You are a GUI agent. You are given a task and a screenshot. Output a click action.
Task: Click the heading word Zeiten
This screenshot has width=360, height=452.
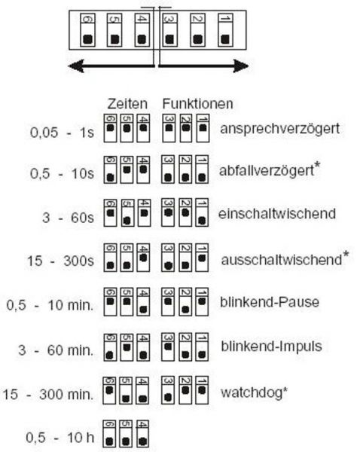coord(127,104)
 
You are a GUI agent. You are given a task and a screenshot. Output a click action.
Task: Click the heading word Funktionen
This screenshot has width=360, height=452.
coord(198,104)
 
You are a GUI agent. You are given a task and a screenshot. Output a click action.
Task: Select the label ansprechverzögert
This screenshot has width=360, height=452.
coord(280,129)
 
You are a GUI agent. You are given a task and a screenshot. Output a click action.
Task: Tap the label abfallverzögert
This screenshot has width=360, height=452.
coord(267,171)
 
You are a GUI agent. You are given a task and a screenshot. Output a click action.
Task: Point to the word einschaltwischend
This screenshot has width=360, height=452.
coord(277,214)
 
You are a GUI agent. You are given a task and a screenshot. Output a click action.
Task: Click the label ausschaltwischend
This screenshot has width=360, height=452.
coord(282,260)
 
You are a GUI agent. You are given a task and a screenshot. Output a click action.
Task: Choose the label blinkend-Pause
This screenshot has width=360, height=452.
coord(270,302)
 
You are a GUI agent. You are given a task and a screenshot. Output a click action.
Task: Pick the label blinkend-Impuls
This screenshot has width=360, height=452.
coord(272,347)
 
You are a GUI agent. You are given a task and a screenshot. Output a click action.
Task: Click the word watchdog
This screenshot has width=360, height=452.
coord(252,392)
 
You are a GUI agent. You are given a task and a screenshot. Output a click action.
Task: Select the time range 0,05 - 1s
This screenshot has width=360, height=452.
coord(62,133)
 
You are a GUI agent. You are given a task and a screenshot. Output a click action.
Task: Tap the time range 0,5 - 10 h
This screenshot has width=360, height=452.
coord(60,438)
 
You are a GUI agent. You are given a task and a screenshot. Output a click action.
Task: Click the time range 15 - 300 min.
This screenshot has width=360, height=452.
coord(48,394)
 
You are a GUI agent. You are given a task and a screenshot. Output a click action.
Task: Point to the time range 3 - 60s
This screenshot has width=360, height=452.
coord(68,218)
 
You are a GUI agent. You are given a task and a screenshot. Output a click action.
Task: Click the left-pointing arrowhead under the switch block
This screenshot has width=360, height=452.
coord(76,66)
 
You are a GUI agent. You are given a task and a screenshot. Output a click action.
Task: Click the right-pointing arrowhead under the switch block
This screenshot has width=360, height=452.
coord(241,66)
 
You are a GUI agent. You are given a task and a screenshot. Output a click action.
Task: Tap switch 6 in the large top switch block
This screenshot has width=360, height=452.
coord(87,30)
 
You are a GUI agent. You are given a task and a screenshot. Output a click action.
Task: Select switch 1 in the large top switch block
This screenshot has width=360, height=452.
coord(226,30)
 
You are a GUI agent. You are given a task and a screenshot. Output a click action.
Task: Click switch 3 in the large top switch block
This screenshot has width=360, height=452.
coord(169,30)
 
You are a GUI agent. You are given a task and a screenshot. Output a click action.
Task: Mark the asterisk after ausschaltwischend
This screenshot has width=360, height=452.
coord(346,255)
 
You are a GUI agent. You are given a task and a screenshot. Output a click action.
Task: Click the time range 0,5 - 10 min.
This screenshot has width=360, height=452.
coord(50,305)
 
